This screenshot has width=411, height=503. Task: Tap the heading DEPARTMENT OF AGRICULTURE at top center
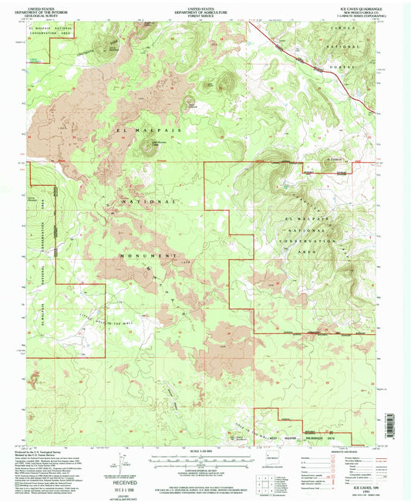[x=205, y=8]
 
